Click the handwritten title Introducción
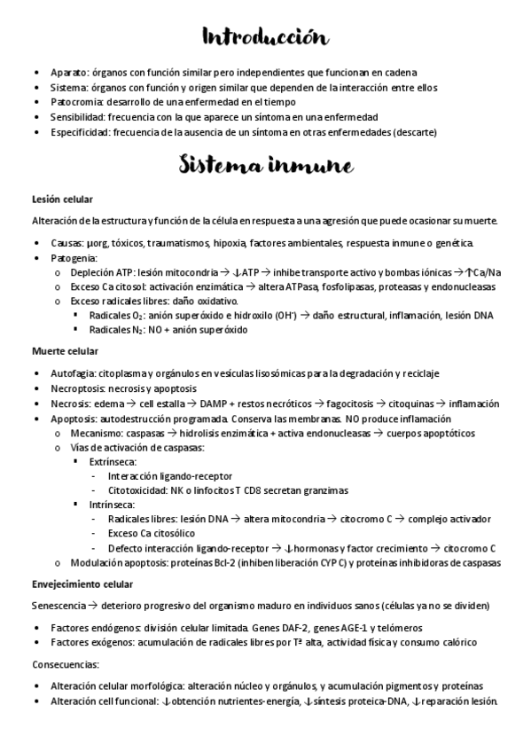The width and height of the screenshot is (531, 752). point(265,37)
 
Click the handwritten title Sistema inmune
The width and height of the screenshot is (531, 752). point(265,166)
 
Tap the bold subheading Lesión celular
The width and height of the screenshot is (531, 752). point(62,199)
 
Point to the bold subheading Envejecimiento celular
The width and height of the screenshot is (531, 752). point(82,584)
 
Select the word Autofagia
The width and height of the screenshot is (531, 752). point(73,373)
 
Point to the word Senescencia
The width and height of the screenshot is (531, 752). point(58,606)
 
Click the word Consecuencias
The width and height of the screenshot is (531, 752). point(65,663)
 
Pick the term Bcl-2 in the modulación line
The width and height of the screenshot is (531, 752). point(211,562)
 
